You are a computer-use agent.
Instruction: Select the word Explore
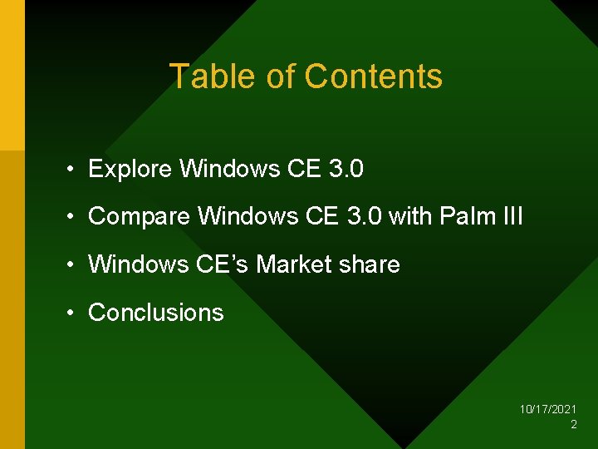pos(130,170)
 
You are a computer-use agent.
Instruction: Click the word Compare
pos(140,217)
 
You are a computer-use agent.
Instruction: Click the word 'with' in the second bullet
pos(410,217)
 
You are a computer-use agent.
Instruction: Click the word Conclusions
pos(156,313)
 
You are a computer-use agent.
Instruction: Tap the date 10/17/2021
pos(548,410)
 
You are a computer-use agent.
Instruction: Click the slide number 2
pos(573,425)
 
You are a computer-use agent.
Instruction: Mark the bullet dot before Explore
pos(73,170)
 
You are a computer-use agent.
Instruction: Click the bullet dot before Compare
pos(73,218)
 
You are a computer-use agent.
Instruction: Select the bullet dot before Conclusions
pos(73,313)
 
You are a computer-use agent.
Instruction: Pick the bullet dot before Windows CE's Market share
pos(73,265)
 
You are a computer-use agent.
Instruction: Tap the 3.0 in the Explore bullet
pos(346,170)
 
